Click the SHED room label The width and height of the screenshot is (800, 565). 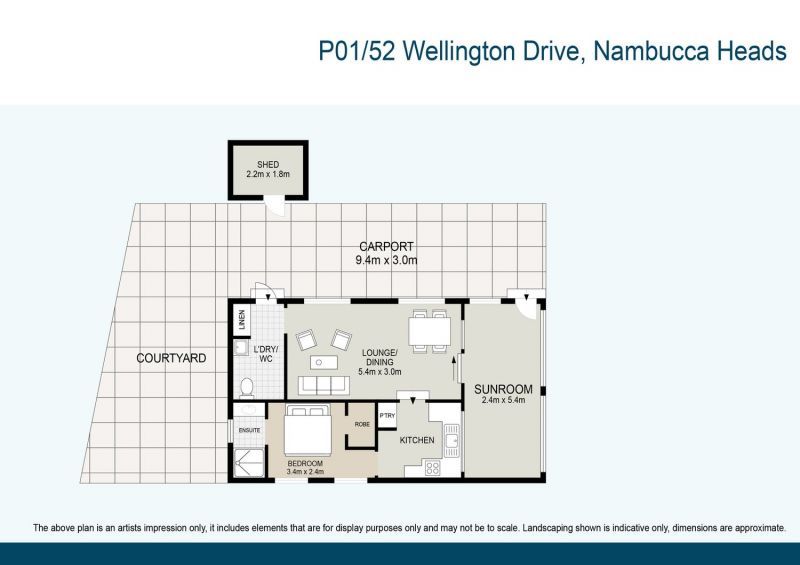pos(268,164)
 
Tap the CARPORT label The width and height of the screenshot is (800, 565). pos(386,247)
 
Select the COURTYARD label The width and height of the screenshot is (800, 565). pos(171,358)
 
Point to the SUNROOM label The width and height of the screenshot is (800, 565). pos(503,389)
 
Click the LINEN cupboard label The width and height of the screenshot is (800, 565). pos(242,320)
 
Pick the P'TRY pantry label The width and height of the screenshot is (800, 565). pos(387,415)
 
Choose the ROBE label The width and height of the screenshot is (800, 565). pos(362,424)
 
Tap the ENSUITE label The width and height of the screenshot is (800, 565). pos(249,430)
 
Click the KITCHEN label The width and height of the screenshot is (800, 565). pos(417,440)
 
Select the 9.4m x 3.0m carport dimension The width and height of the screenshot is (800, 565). pos(386,260)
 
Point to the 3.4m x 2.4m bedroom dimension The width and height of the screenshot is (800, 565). pos(305,472)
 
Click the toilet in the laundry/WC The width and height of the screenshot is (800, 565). pos(247,388)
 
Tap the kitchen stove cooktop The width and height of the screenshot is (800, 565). pos(433,468)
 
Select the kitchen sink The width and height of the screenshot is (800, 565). pos(452,440)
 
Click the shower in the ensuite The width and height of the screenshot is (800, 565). pos(249,463)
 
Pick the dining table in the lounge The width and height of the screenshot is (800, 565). pos(429,331)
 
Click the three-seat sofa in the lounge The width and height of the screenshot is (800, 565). pos(324,385)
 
